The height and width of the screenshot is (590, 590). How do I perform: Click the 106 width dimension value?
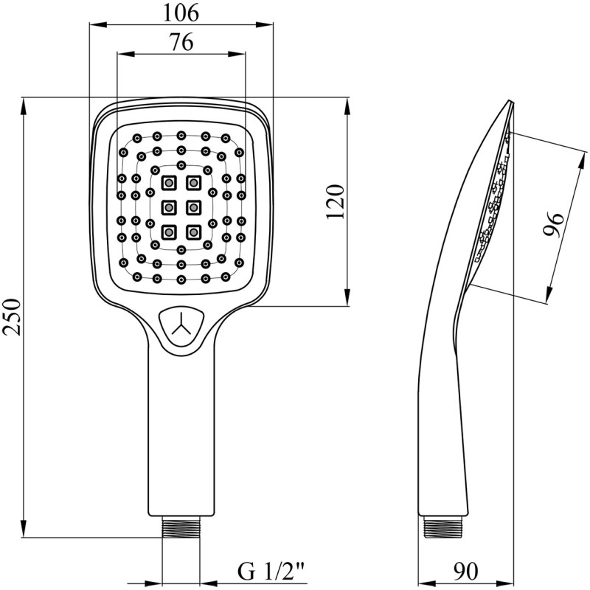181,13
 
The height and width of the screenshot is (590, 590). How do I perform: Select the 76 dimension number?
181,42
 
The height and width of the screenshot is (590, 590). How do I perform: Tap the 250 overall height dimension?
11,317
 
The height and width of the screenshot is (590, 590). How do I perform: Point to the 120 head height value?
335,201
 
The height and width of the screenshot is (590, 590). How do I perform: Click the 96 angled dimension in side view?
554,225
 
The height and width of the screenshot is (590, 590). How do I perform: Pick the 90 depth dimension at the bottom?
465,571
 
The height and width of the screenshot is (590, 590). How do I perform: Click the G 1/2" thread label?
271,572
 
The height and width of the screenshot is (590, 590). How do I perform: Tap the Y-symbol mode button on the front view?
181,324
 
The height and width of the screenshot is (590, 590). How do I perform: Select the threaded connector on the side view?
442,527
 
